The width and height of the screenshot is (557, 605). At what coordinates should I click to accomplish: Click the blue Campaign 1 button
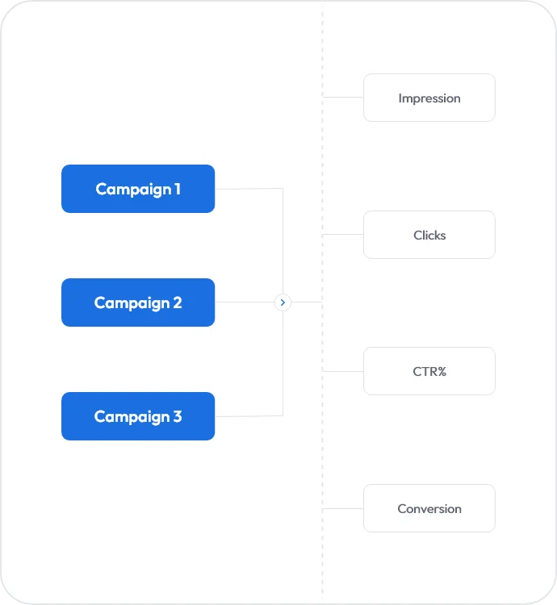click(138, 189)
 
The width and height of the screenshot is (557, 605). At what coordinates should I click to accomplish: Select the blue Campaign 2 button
click(138, 302)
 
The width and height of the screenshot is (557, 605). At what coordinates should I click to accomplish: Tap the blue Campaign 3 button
click(138, 416)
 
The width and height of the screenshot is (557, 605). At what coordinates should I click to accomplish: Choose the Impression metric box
click(429, 98)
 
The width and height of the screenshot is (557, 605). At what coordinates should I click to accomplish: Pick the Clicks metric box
click(429, 235)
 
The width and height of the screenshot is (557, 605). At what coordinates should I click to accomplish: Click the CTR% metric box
click(429, 371)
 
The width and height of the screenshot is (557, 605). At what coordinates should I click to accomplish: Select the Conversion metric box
click(429, 508)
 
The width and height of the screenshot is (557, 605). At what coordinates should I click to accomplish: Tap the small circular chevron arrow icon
click(283, 302)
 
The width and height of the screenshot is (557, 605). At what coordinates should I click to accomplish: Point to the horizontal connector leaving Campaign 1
click(249, 189)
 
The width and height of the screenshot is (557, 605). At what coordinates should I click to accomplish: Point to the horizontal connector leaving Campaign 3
click(249, 416)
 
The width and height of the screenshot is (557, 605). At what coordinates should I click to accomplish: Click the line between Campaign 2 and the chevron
click(244, 302)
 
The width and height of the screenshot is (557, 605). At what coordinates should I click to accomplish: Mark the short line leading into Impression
click(343, 98)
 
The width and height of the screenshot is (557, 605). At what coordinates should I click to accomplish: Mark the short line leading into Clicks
click(343, 235)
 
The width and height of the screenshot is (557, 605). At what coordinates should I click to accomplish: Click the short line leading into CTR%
click(343, 371)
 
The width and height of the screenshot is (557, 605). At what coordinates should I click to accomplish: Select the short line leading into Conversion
click(343, 508)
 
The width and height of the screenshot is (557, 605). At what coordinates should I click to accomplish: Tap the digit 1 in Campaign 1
click(177, 189)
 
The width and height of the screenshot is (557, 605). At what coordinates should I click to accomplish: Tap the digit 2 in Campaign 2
click(177, 303)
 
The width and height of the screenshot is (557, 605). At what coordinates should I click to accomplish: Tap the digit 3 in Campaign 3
click(177, 417)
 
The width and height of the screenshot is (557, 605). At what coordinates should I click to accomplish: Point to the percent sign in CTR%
click(442, 372)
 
